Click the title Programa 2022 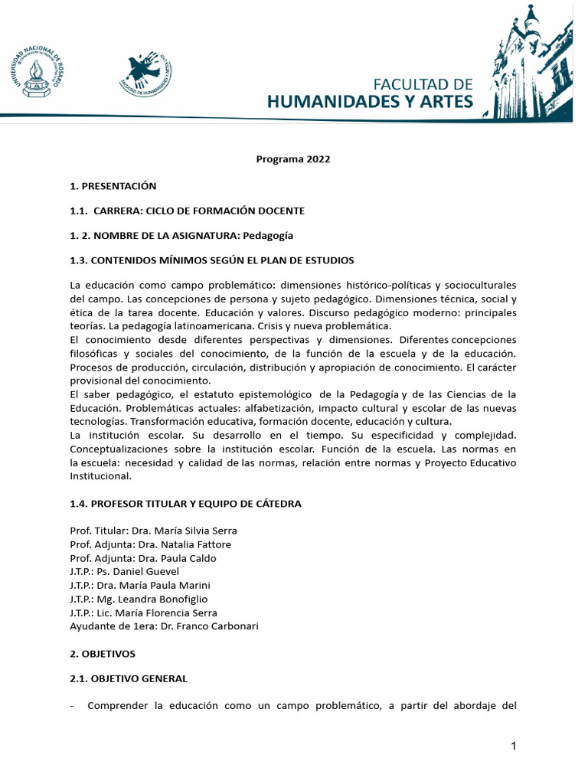tap(292, 159)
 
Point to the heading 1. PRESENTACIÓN tap(113, 185)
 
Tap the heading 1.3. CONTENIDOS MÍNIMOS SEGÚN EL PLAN tap(211, 260)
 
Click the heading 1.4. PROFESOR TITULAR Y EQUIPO tap(185, 503)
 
